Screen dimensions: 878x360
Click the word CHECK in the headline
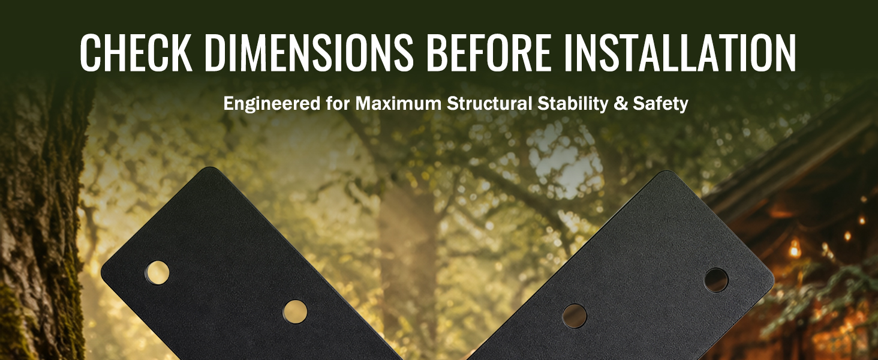tap(136, 53)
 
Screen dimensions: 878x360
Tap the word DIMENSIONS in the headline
tap(309, 53)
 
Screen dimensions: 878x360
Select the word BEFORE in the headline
tap(489, 53)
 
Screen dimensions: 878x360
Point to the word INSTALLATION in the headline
tap(680, 53)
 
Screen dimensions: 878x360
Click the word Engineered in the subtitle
tap(272, 104)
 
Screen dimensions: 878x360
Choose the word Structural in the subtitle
tap(489, 104)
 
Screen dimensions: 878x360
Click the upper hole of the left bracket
tap(157, 272)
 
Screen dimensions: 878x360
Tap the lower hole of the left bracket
tap(294, 312)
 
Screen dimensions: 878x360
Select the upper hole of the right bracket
tap(716, 280)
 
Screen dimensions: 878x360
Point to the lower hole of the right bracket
tap(574, 316)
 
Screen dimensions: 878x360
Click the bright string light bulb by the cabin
tap(795, 248)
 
